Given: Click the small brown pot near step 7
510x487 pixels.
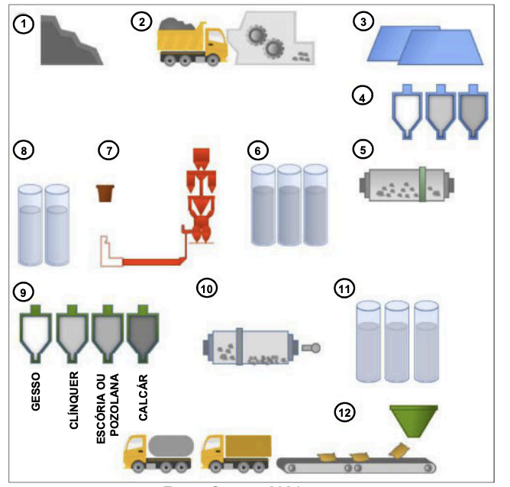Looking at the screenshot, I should [105, 192].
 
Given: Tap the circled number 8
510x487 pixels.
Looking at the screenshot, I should [26, 150].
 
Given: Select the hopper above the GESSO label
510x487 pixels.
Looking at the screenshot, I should [34, 336].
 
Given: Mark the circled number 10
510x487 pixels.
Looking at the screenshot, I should [207, 289].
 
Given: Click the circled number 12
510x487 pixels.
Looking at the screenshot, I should [344, 413].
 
